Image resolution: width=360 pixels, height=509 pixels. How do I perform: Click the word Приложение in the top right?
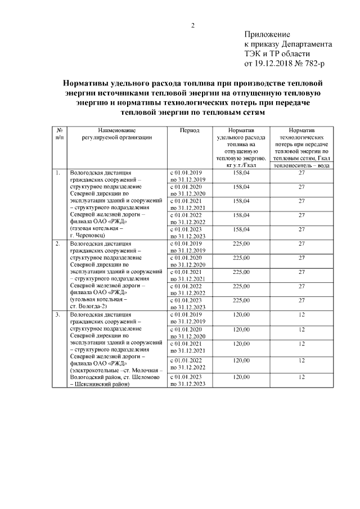[x=267, y=35]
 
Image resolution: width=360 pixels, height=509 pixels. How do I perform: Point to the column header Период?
[x=189, y=129]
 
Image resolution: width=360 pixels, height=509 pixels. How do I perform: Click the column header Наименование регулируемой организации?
[x=116, y=133]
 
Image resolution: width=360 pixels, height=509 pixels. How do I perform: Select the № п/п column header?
[x=59, y=133]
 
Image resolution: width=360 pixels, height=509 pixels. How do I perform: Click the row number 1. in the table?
[x=58, y=173]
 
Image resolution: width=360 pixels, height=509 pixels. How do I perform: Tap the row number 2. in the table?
[x=58, y=244]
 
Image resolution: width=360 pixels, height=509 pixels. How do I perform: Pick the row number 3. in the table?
[x=58, y=315]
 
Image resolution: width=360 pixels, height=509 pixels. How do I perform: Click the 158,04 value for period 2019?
[x=240, y=173]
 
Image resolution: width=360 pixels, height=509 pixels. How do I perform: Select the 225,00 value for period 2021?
[x=240, y=272]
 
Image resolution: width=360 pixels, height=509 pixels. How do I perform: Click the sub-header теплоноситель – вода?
[x=301, y=165]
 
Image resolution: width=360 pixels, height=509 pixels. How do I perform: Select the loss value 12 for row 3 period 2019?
[x=301, y=315]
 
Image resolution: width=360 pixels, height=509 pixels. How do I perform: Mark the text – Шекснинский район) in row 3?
[x=99, y=385]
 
